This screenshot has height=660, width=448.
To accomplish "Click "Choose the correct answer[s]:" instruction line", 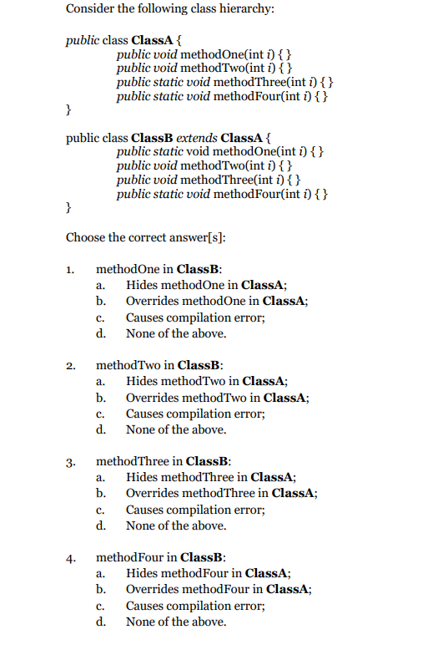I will pos(146,237).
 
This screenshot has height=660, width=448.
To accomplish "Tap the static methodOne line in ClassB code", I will pos(220,151).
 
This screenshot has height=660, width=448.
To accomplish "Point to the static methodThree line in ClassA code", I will pos(227,83).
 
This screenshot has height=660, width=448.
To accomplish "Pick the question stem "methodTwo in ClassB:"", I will pos(160,365).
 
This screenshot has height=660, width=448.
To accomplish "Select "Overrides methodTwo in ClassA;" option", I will pos(218,398).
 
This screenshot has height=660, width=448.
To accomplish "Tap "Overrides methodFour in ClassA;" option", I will pos(219,589).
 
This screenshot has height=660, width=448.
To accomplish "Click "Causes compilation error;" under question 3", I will pos(195,510).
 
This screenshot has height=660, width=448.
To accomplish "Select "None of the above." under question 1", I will pos(176,333).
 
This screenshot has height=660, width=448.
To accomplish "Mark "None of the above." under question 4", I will pos(176,622).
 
